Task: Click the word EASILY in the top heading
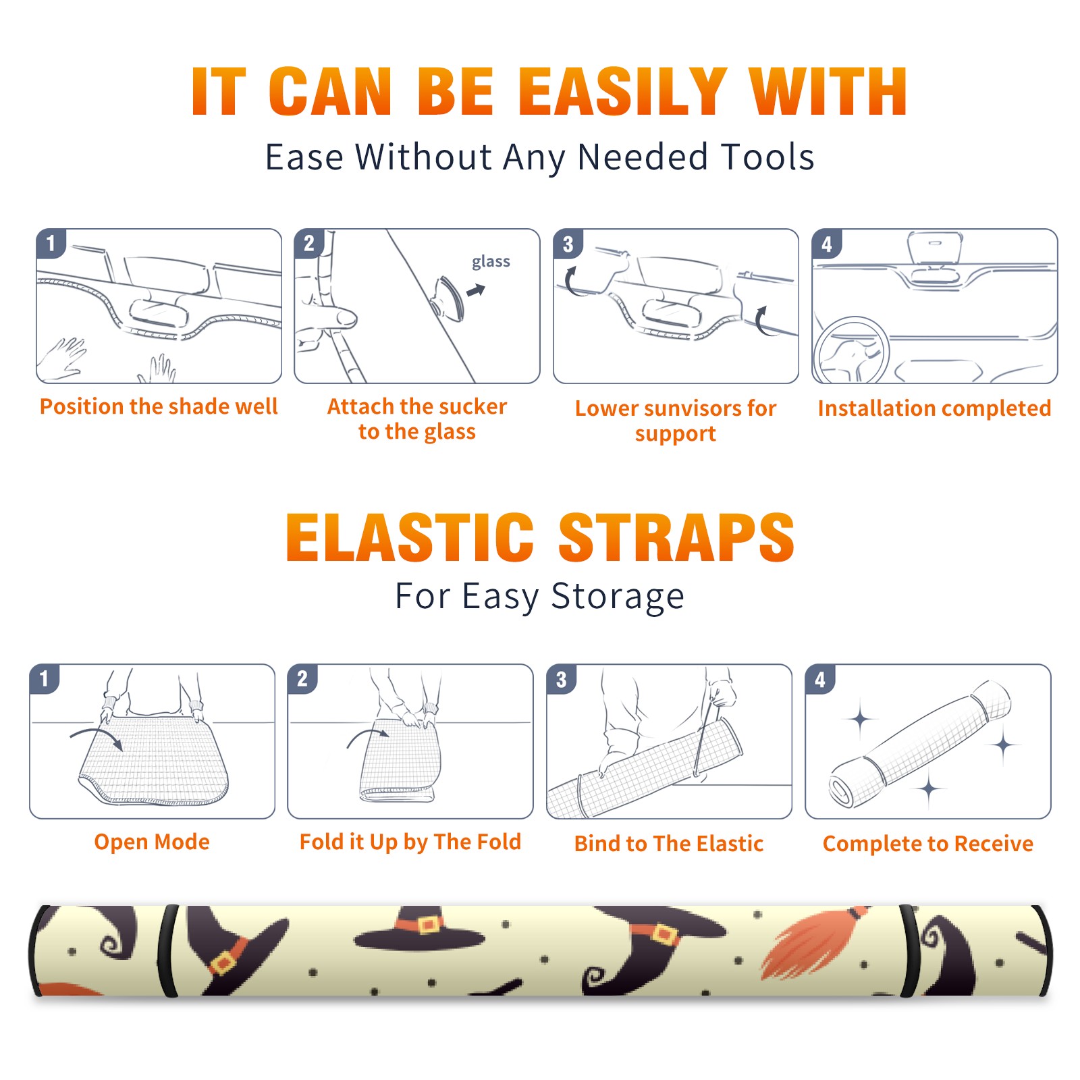(622, 92)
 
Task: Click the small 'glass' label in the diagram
(491, 262)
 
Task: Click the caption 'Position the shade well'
(159, 406)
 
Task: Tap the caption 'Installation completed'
(934, 408)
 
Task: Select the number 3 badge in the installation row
(568, 244)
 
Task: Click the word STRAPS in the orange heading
(676, 537)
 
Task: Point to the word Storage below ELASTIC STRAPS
(618, 597)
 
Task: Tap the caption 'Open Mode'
(152, 842)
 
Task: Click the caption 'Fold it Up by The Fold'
(410, 842)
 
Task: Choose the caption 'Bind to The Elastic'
(669, 844)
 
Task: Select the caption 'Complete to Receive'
(928, 844)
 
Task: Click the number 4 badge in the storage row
(820, 679)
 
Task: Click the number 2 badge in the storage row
(302, 679)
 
